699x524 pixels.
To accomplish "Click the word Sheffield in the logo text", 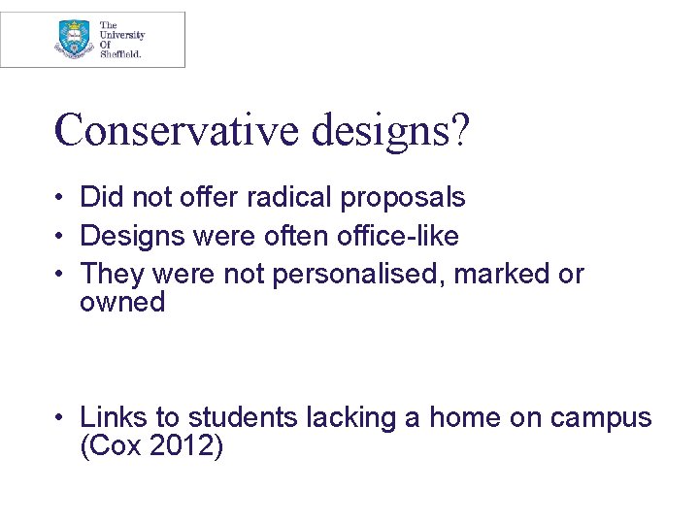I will (120, 54).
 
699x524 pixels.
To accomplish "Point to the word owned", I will (122, 303).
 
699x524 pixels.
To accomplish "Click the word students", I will (243, 417).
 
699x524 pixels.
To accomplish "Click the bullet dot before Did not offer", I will (60, 198).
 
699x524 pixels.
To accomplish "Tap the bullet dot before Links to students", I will (60, 418).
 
